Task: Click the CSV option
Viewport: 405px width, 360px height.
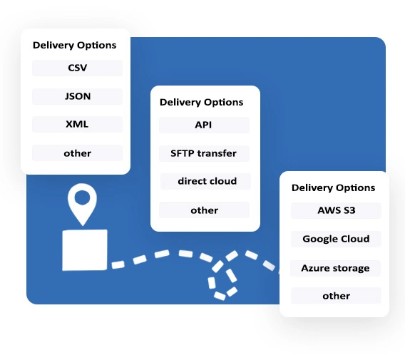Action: [x=77, y=68]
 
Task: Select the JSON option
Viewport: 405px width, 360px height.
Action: [x=77, y=96]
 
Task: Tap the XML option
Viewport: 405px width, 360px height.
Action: [x=77, y=124]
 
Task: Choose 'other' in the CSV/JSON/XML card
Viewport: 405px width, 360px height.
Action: [x=77, y=153]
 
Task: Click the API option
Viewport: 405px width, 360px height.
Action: [x=204, y=125]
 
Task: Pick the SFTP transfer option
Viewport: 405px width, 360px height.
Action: [x=204, y=153]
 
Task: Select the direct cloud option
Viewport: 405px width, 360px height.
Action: [x=207, y=181]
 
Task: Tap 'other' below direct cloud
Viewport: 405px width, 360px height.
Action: [x=204, y=210]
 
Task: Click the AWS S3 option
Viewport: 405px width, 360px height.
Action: [x=336, y=210]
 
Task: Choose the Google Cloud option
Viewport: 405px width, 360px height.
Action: [x=336, y=239]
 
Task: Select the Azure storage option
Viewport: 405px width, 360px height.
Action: [x=336, y=268]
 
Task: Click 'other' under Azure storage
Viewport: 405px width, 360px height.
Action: [x=336, y=296]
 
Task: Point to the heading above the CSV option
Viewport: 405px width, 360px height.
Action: [x=74, y=45]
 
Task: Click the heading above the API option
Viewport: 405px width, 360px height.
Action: [x=201, y=102]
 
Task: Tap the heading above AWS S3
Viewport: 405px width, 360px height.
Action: [x=333, y=187]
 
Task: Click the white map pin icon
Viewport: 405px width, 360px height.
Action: [x=83, y=204]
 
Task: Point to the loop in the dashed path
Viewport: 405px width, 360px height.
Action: [x=223, y=274]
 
